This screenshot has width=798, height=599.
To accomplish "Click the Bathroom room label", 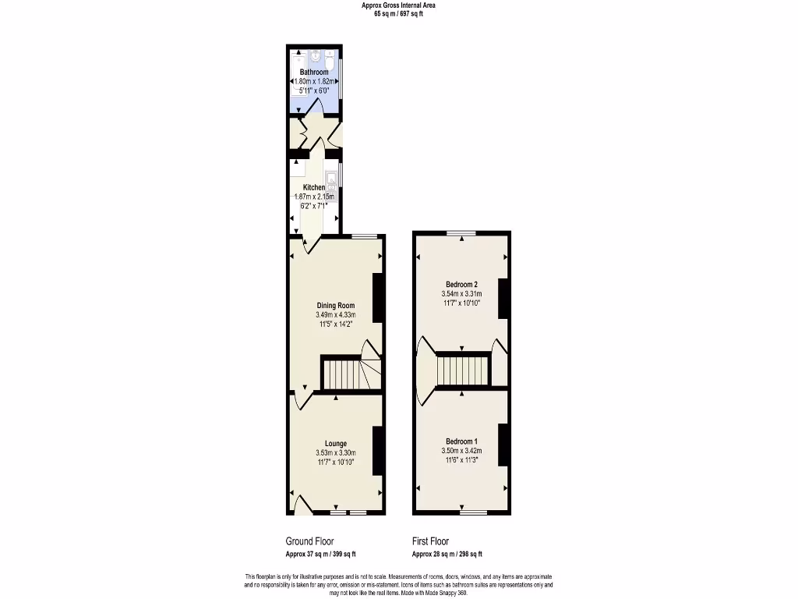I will (x=314, y=72).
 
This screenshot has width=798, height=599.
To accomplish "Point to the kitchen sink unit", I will (x=331, y=179).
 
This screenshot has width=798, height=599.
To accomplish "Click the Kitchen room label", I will (x=314, y=187).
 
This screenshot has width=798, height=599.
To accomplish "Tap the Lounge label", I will (x=336, y=443).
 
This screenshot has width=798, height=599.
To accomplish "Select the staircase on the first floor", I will (x=463, y=370).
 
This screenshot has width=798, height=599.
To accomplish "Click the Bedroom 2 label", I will (x=461, y=284).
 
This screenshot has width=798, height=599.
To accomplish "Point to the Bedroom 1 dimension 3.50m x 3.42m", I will (x=461, y=451).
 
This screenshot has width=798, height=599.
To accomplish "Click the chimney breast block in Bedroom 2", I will (x=503, y=297).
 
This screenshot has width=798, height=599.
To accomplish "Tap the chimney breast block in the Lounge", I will (x=377, y=451).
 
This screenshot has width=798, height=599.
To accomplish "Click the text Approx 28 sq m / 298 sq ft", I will (x=447, y=554).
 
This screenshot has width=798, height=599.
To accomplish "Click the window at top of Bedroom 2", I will (x=461, y=233).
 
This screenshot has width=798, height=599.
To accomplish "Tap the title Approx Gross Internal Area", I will (x=398, y=5).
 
